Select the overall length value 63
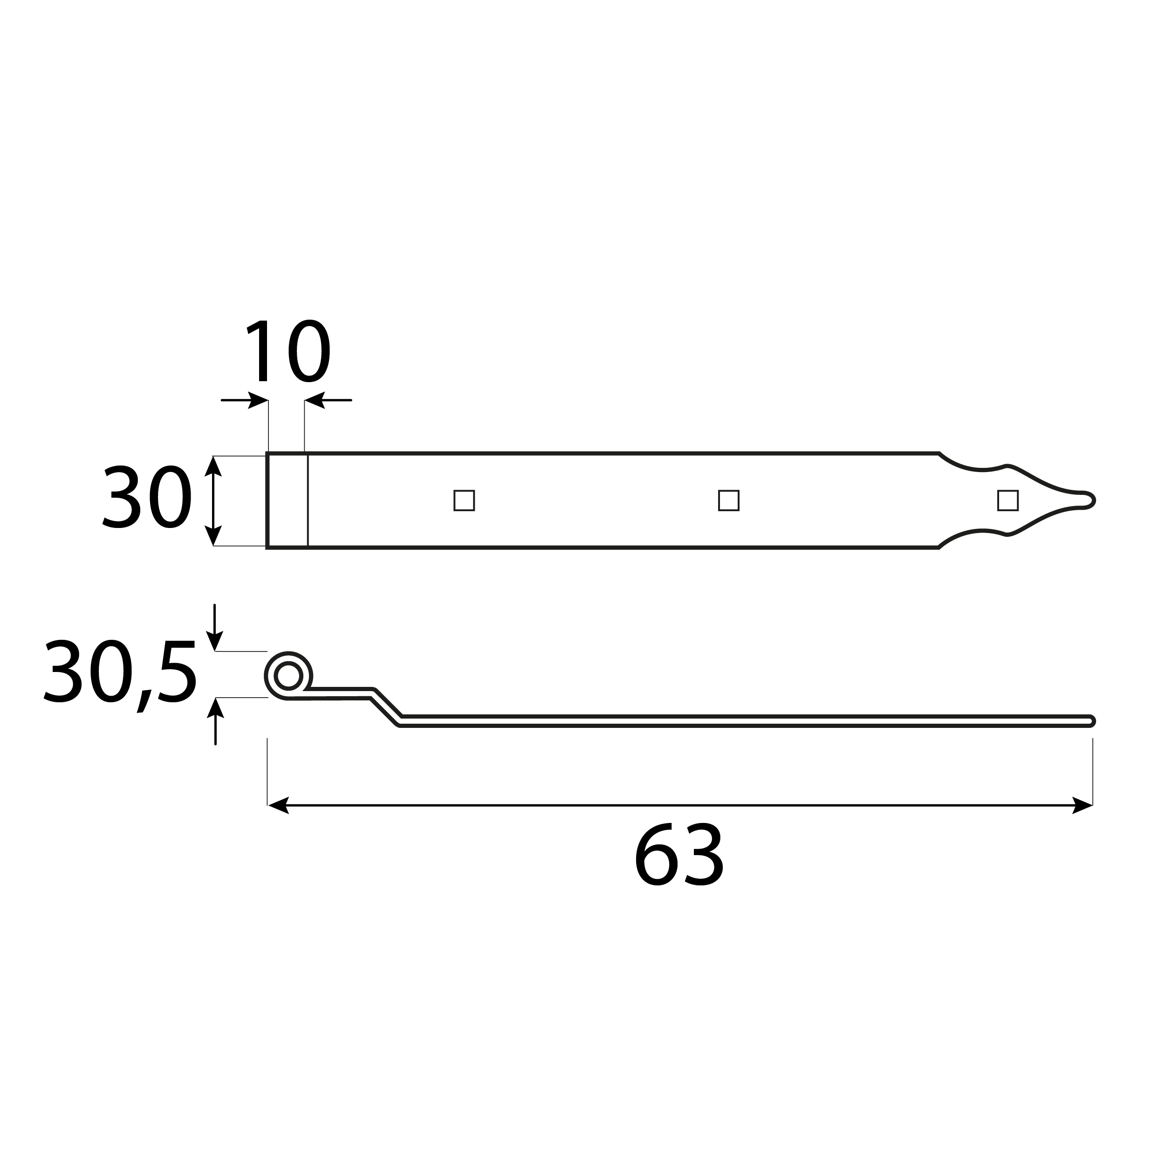coord(679,855)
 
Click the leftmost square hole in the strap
coord(464,500)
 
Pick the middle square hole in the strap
coord(729,500)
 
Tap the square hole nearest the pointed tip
coord(1008,500)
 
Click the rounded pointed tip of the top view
coord(1093,500)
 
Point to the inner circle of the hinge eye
coord(288,675)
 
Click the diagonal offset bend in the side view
coord(386,707)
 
